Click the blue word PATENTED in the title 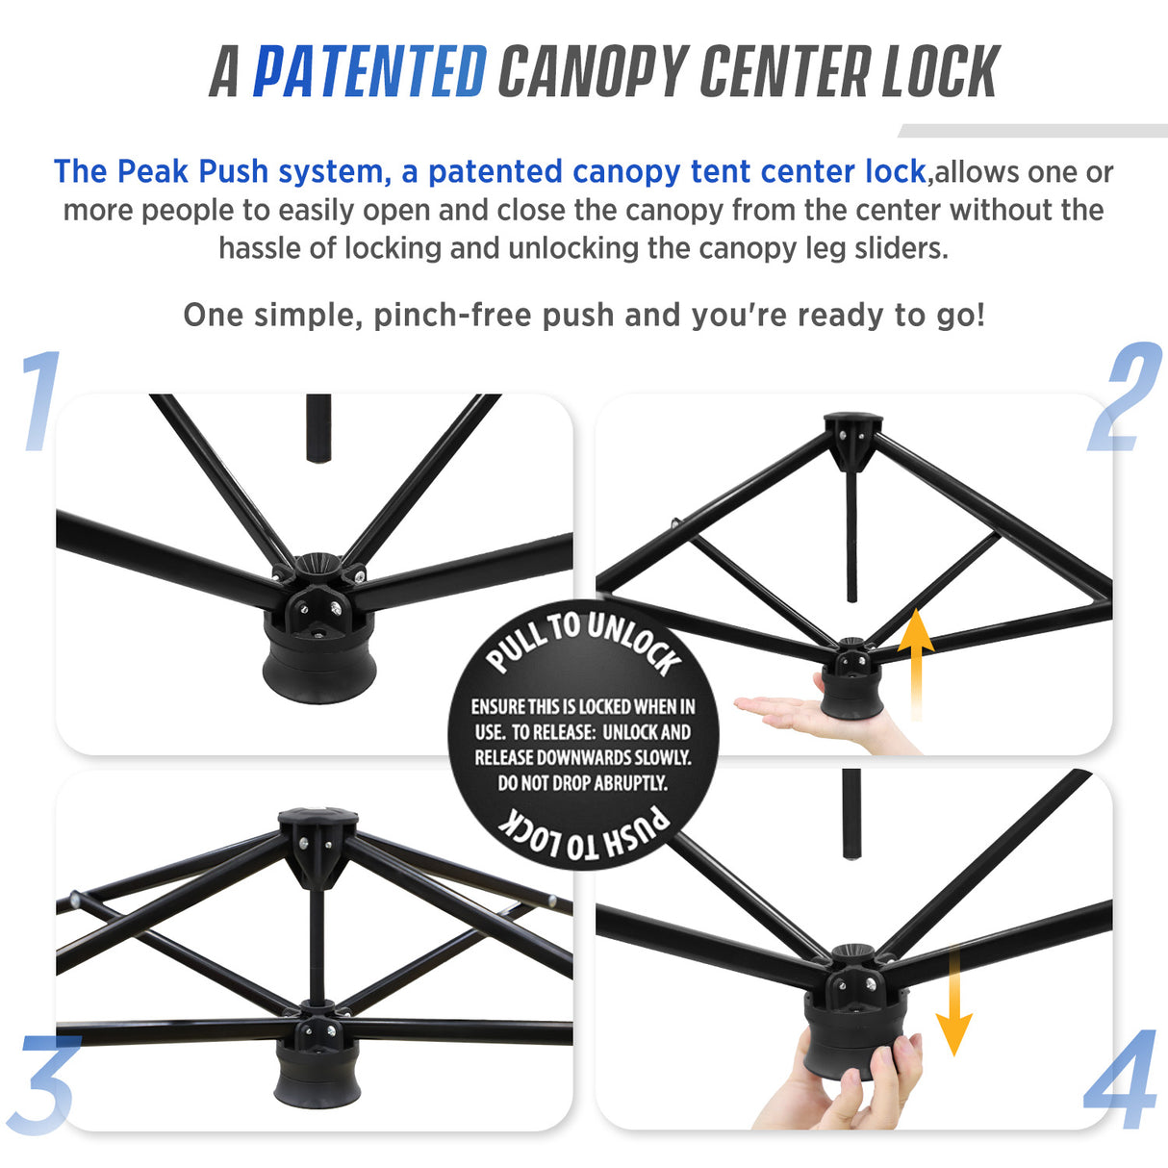[x=369, y=72]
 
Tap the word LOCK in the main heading [x=940, y=72]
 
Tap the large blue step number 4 [x=1121, y=1079]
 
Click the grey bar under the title [x=1032, y=131]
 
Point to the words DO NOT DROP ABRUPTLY [x=582, y=783]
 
